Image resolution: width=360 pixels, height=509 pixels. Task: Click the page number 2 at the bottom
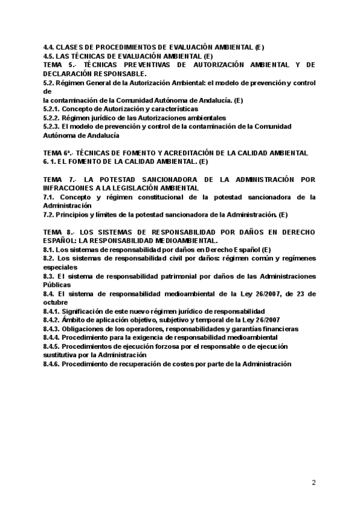(314, 482)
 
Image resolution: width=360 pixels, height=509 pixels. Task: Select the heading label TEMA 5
(59, 65)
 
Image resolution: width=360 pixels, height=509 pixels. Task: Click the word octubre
(56, 303)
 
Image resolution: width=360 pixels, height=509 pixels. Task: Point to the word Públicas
(57, 285)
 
